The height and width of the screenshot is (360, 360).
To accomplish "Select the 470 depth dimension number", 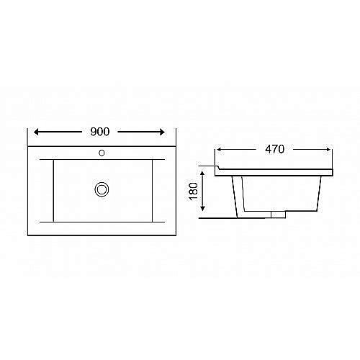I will pos(274,149).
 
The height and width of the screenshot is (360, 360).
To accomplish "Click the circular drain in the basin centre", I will pos(102,189).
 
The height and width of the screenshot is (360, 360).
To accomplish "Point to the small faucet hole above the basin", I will pos(102,153).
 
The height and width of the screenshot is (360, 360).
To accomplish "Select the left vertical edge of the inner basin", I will pos(54,190).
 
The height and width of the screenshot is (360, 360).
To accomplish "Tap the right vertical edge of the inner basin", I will pos(152,190).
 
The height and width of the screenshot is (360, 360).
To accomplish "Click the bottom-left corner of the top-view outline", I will pos(28,236).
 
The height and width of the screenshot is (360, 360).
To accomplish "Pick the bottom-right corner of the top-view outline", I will pos(176,236).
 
